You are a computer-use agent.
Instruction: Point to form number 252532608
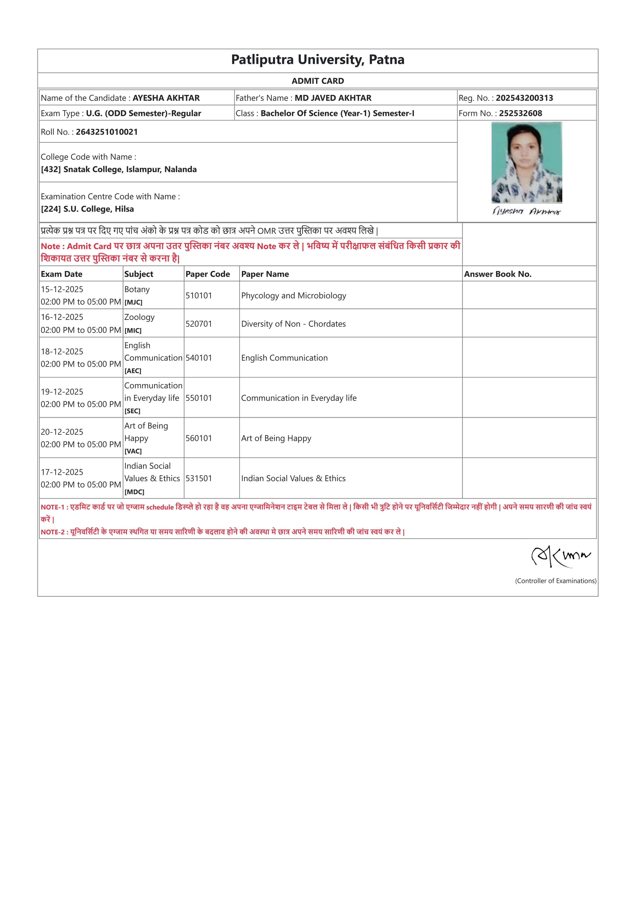pos(520,113)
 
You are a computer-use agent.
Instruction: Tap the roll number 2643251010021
pos(107,132)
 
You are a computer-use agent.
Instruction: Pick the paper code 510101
pos(199,296)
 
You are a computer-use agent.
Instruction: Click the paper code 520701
pos(199,324)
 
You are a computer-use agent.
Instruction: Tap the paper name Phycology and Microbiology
pos(293,296)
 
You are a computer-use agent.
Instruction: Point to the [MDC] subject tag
pos(134,492)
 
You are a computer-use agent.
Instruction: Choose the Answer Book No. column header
pos(498,274)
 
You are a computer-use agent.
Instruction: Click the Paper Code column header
pos(208,274)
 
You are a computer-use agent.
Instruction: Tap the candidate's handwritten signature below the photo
pos(526,211)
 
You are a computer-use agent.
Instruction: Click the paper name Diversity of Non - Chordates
pos(293,324)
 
